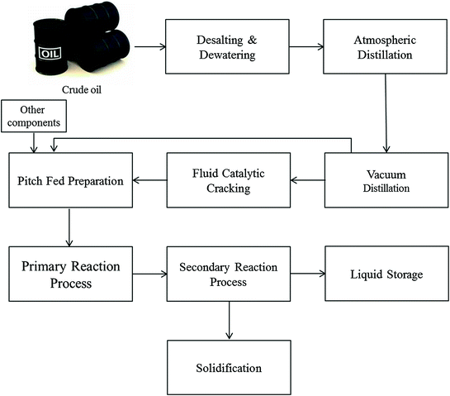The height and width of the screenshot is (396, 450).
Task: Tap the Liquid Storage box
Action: pyautogui.click(x=386, y=272)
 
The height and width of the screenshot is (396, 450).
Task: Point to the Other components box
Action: pyautogui.click(x=31, y=114)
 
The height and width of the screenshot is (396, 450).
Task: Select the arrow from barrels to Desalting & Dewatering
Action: pyautogui.click(x=150, y=47)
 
